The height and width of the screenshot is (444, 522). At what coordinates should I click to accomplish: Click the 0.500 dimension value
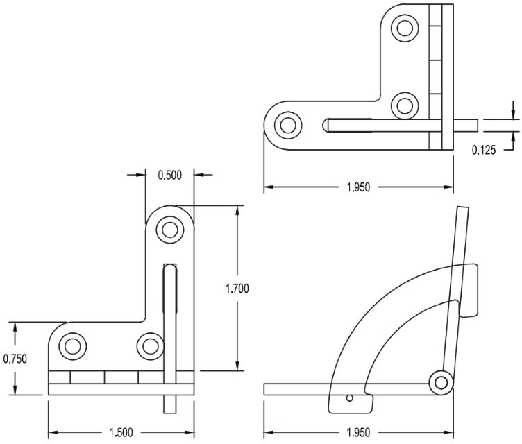169,175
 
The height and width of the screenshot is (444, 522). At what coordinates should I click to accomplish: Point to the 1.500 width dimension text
122,432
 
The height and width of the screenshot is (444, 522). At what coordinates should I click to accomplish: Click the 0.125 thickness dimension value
484,149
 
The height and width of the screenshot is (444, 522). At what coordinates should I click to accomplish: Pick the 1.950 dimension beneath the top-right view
357,187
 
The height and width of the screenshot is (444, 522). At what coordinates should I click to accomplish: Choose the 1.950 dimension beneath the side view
357,432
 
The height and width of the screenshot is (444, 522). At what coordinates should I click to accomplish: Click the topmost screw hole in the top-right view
404,28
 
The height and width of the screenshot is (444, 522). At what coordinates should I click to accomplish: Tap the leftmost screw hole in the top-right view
286,126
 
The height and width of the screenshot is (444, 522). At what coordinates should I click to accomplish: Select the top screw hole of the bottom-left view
169,230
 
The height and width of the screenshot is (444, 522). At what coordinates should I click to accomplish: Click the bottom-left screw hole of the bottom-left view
71,346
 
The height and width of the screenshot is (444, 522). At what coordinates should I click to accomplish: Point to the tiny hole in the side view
351,399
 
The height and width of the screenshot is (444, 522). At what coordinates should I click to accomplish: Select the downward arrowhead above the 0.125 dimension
513,114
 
